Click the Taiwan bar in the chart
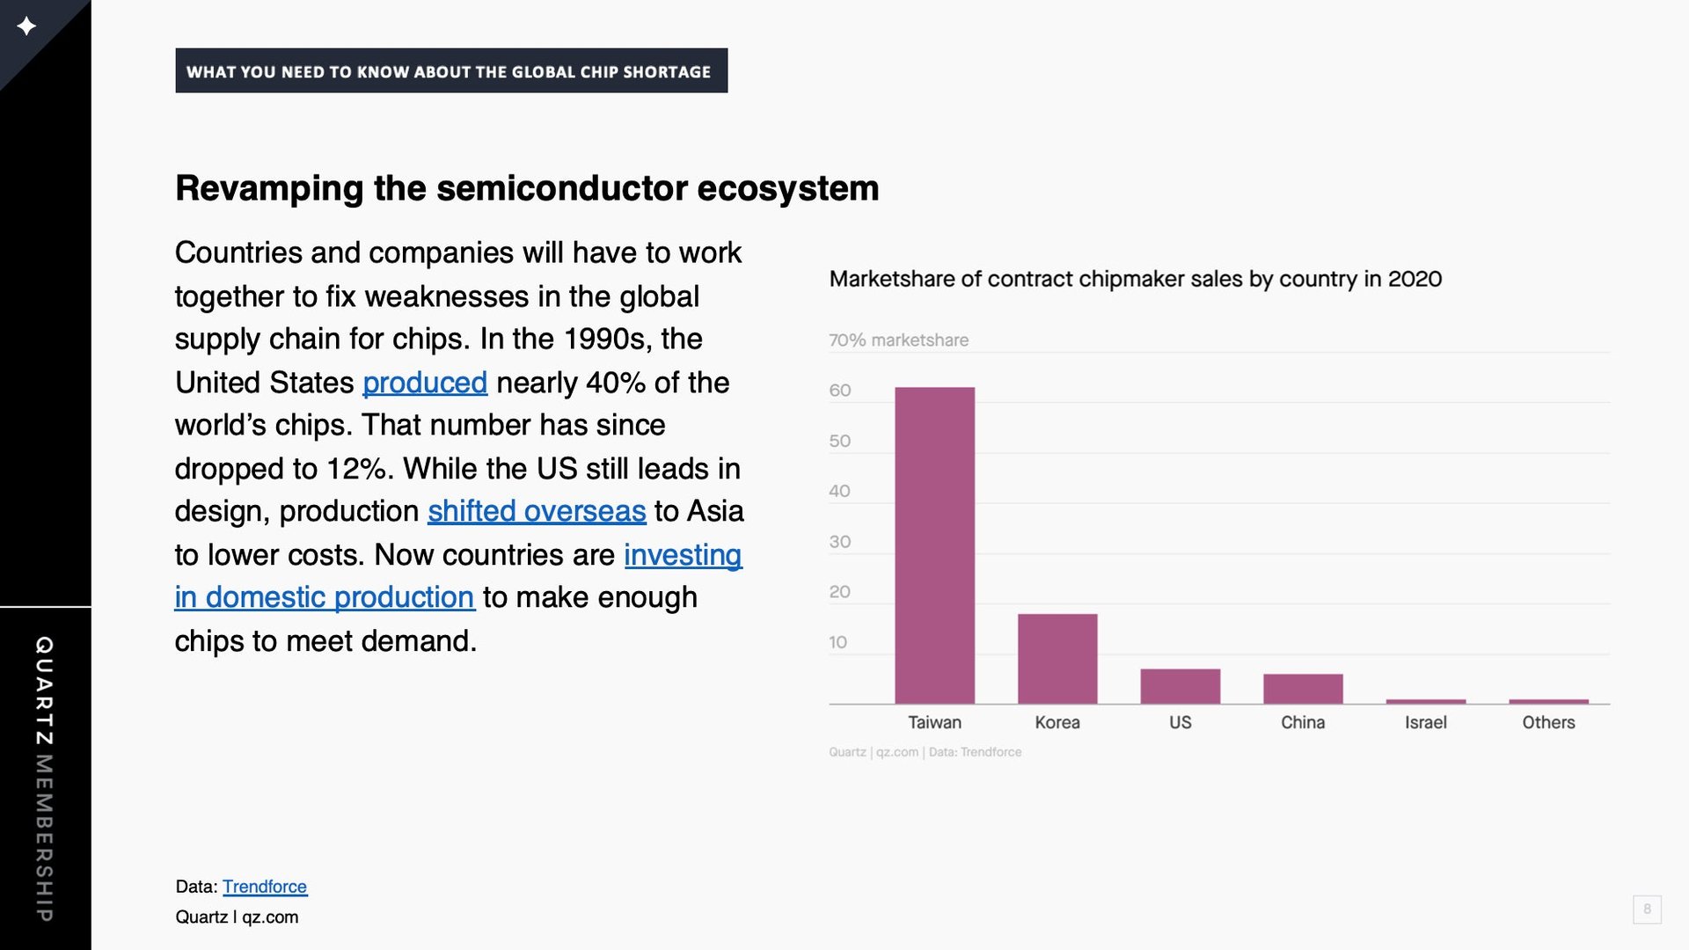(934, 545)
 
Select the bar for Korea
(1057, 659)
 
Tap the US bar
(1181, 686)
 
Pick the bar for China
(1303, 689)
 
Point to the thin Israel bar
(1426, 701)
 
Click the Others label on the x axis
(1548, 722)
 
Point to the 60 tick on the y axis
(840, 390)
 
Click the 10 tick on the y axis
(837, 642)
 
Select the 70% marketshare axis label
(898, 340)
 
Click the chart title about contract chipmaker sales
(1136, 279)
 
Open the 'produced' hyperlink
(425, 383)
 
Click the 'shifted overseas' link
(537, 511)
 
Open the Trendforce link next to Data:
(265, 887)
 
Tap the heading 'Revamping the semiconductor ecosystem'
(527, 188)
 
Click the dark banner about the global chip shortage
(451, 70)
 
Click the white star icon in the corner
(26, 26)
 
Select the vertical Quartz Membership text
(44, 778)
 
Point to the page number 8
(1647, 909)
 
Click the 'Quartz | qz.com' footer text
(237, 917)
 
